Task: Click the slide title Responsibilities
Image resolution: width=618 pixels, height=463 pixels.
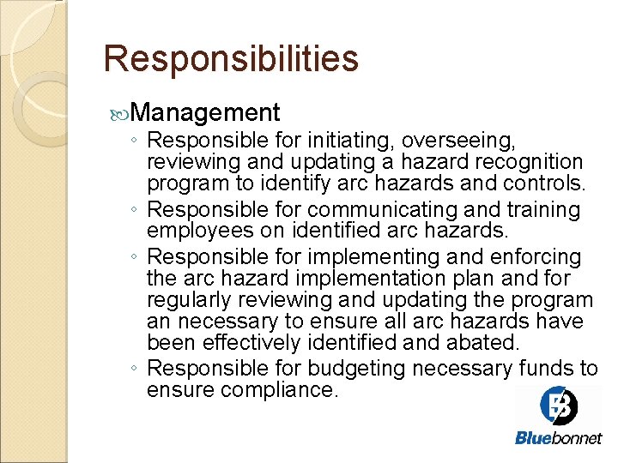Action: (x=230, y=59)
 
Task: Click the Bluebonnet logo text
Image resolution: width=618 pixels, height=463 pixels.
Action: (x=559, y=438)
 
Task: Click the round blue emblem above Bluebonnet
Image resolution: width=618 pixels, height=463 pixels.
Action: (x=559, y=405)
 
